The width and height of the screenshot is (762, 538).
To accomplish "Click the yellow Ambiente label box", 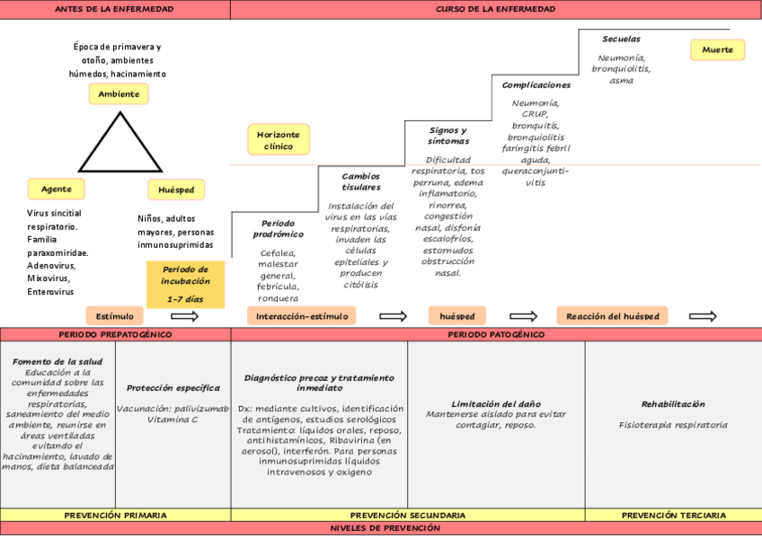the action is (x=119, y=93).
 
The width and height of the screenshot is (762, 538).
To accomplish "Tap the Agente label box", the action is (x=57, y=189).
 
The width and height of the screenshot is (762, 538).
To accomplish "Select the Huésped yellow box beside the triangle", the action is (x=176, y=190).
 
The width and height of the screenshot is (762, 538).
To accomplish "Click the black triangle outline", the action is (x=120, y=142).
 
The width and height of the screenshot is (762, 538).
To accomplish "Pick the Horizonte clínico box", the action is (x=279, y=140).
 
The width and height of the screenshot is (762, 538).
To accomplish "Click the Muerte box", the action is (x=717, y=49).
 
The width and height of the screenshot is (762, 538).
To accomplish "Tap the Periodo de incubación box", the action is (x=186, y=285).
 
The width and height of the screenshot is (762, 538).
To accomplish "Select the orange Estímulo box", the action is (x=115, y=316).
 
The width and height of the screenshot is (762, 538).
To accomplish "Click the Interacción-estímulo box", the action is (x=302, y=316).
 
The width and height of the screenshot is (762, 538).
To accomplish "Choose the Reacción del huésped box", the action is (x=612, y=316).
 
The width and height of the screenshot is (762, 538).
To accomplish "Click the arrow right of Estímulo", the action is (x=185, y=316).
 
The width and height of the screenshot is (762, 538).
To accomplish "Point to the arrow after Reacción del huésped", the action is (x=703, y=316).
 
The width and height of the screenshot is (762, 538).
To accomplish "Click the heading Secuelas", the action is (x=621, y=39).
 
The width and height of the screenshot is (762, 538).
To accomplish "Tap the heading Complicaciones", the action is (x=536, y=85).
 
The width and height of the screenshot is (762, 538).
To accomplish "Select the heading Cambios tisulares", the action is (x=360, y=181).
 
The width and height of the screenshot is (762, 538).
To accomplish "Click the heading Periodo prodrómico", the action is (x=278, y=229).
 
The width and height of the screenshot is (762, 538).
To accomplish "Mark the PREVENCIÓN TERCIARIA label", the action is (x=674, y=516).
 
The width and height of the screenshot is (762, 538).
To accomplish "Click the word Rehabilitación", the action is (x=673, y=404).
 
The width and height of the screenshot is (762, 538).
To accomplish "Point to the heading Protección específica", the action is (x=173, y=388).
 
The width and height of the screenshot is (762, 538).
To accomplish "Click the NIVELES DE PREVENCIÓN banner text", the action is (x=385, y=528).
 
